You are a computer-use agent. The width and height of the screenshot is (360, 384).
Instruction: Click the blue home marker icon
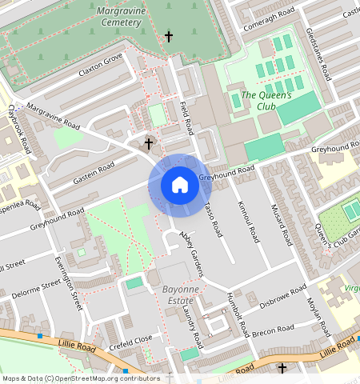click(x=180, y=185)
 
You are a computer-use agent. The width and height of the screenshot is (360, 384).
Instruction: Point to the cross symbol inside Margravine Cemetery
click(x=168, y=37)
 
